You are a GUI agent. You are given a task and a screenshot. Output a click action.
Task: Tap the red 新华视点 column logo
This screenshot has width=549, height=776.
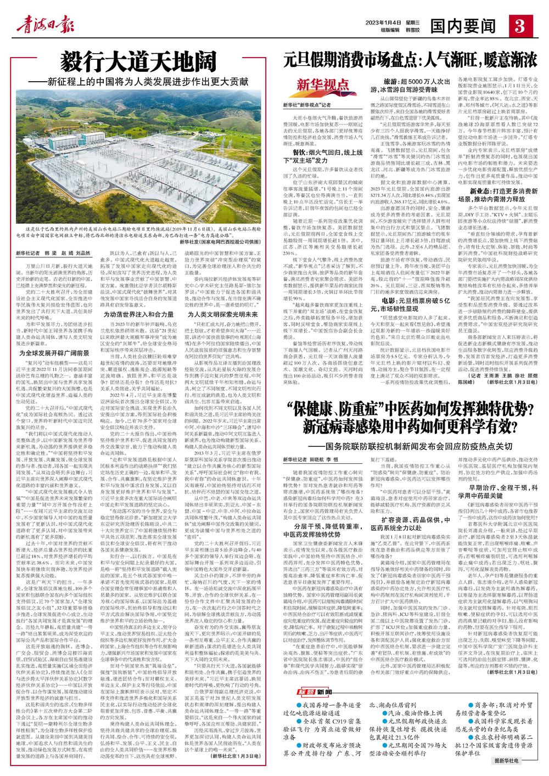pyautogui.click(x=323, y=86)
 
